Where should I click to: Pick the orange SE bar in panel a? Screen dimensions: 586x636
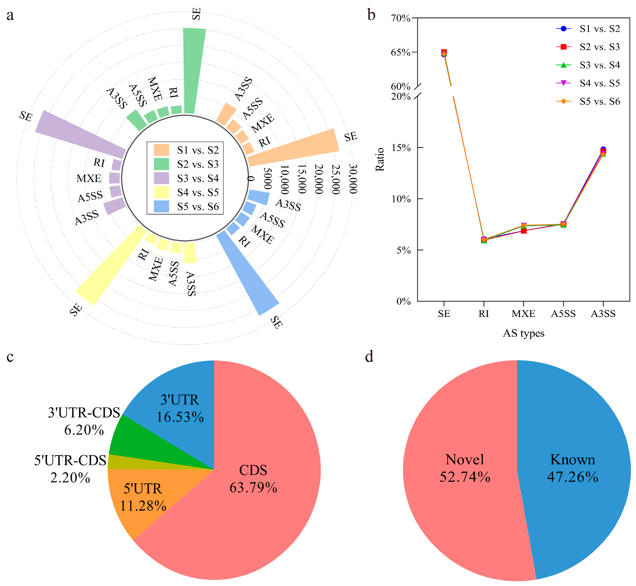pyautogui.click(x=295, y=147)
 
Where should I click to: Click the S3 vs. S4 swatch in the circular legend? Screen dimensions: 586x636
pyautogui.click(x=161, y=178)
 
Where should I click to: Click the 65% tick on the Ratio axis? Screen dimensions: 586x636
pyautogui.click(x=401, y=52)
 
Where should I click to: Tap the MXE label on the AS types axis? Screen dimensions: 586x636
pyautogui.click(x=523, y=314)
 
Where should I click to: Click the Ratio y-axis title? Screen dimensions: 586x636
pyautogui.click(x=380, y=160)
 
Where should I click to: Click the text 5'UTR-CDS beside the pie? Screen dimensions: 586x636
pyautogui.click(x=70, y=460)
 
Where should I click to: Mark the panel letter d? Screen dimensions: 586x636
pyautogui.click(x=369, y=356)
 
